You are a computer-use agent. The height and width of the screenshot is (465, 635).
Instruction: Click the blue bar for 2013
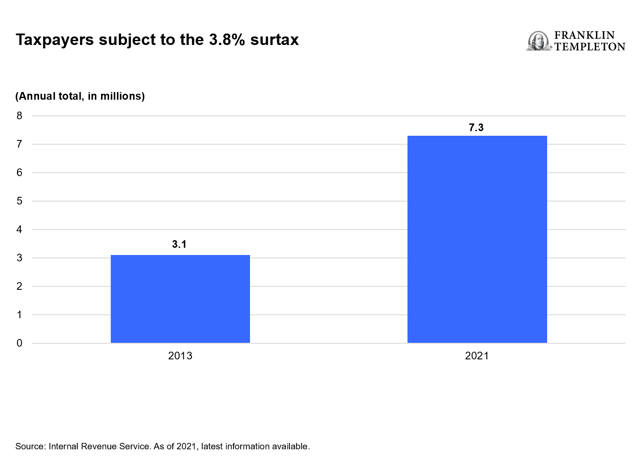click(180, 299)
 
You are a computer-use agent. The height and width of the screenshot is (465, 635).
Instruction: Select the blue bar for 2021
click(477, 239)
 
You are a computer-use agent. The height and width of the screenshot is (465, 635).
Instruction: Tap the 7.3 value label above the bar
click(476, 128)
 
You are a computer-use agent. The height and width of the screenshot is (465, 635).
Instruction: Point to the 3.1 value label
click(179, 244)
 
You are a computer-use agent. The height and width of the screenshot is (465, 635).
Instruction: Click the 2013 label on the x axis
click(180, 356)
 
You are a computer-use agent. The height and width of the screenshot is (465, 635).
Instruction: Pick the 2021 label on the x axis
click(477, 356)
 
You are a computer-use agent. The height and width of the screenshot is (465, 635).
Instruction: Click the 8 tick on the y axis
click(20, 116)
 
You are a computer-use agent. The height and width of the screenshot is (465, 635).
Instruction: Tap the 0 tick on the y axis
click(20, 343)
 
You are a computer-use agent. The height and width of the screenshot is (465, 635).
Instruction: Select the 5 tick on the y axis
click(20, 201)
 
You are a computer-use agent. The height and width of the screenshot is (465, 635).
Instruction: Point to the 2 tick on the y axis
click(20, 286)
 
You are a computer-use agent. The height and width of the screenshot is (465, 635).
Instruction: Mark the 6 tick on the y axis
click(20, 173)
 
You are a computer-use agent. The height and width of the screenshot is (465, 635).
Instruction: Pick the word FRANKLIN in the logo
click(584, 35)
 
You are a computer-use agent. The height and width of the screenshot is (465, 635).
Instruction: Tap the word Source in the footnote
click(30, 446)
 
